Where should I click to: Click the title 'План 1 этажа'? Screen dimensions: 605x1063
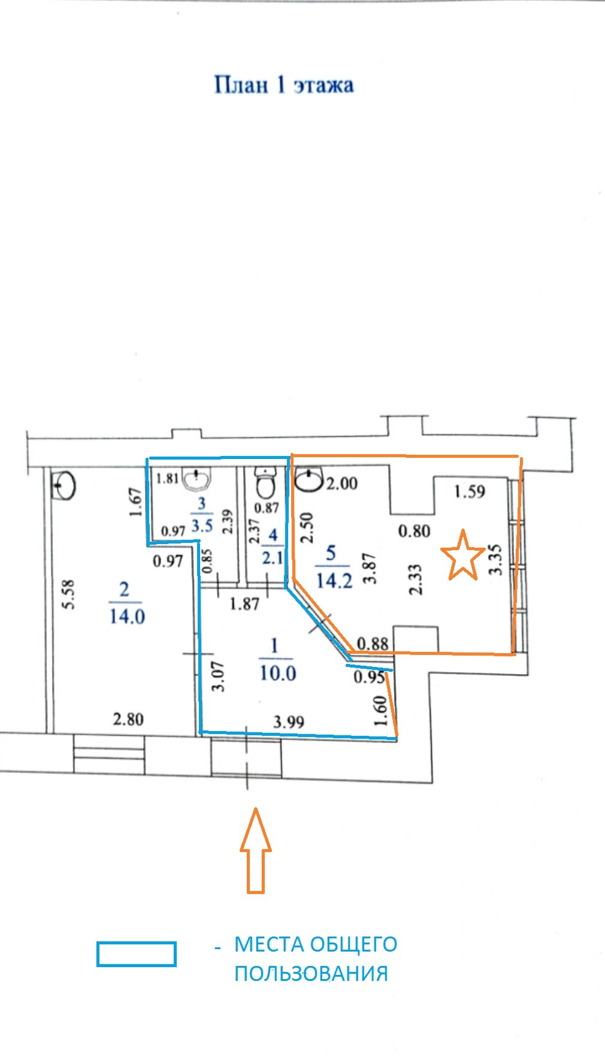click(284, 85)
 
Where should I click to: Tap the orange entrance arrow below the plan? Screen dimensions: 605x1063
click(256, 850)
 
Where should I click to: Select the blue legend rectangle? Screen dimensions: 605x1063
click(137, 954)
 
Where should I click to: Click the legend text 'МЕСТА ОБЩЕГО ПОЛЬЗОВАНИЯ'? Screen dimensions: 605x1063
click(316, 958)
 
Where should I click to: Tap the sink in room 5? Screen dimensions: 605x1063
click(310, 480)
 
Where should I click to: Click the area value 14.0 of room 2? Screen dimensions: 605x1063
click(127, 615)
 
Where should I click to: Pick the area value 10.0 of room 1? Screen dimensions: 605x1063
click(278, 673)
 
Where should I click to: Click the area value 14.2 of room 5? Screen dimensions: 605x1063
click(334, 579)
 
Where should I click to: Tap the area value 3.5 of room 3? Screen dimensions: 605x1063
click(202, 526)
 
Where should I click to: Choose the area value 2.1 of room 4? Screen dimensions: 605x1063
click(273, 557)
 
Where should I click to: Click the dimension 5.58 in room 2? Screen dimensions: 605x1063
click(68, 594)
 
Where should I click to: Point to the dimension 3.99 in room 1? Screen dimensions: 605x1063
click(289, 722)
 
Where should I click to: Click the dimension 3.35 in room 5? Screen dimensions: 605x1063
click(495, 559)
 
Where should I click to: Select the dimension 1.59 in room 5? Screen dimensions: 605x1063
click(470, 492)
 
